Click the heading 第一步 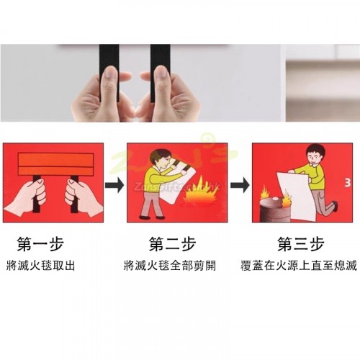pos(40,244)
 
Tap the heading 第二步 pos(172,244)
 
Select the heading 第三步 pos(301,244)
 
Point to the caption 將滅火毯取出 pos(40,266)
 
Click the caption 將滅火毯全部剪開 pos(170,266)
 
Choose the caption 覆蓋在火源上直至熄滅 pos(299,266)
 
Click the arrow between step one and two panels pos(114,185)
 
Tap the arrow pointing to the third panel pos(240,185)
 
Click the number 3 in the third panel pos(348,183)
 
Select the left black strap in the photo pos(109,72)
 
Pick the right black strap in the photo pos(160,72)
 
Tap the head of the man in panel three pos(315,155)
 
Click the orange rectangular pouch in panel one pos(56,164)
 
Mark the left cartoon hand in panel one pos(25,198)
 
